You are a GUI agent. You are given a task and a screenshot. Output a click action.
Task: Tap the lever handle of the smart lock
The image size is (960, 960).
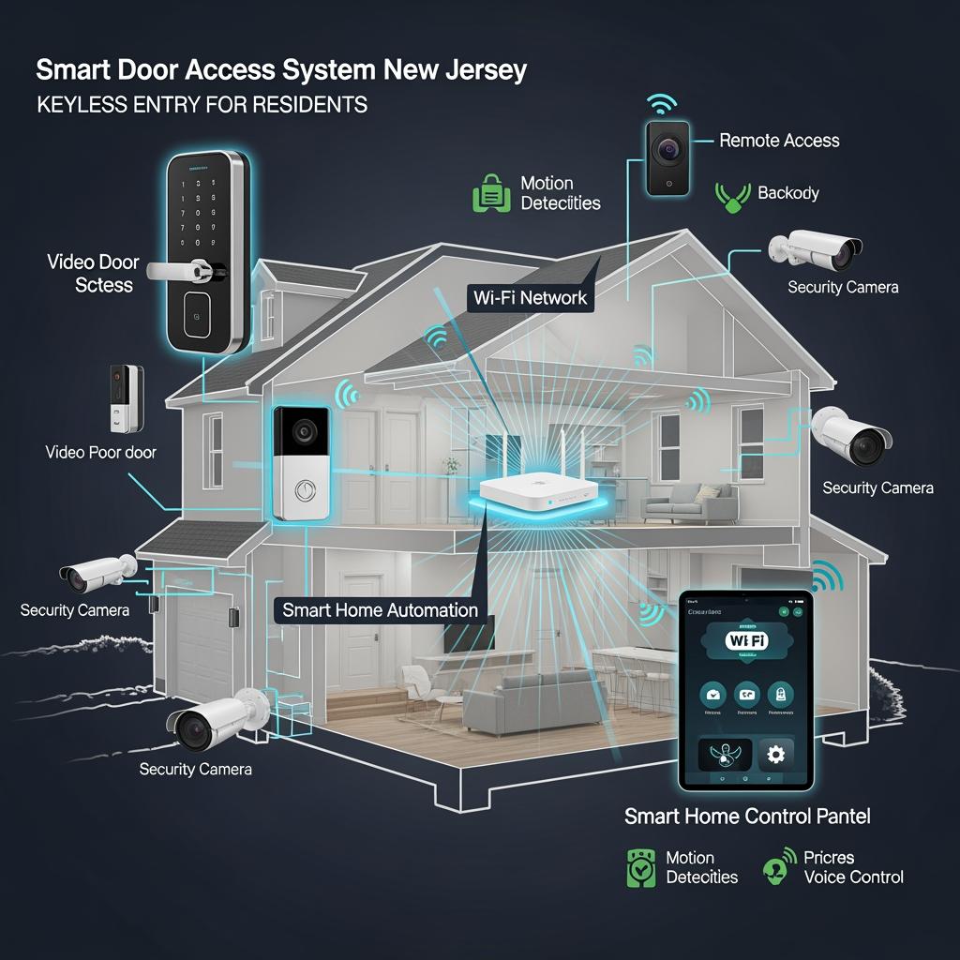[x=187, y=270]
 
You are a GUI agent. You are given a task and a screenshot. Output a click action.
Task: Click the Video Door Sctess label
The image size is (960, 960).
[x=92, y=273]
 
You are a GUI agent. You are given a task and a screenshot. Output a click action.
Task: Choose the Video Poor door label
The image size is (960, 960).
[x=100, y=453]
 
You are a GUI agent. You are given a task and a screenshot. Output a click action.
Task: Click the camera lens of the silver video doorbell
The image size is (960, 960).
[x=303, y=431]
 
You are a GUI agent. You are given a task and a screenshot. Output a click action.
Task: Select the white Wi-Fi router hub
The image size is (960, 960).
[x=537, y=492]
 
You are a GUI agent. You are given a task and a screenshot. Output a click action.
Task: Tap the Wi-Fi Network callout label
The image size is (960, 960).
[x=531, y=298]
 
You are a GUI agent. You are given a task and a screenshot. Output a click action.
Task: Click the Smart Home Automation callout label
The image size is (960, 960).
[x=381, y=610]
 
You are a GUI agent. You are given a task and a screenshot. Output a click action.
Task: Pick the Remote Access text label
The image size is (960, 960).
[x=779, y=141]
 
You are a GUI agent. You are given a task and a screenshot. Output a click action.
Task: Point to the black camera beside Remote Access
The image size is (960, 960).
[x=667, y=156]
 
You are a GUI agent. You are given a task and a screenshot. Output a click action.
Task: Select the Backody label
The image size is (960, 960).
[x=788, y=193]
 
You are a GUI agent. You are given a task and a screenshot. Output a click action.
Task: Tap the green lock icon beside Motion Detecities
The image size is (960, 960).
[x=490, y=192]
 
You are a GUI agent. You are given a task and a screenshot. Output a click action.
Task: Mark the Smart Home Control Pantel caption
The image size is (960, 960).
[x=747, y=817]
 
